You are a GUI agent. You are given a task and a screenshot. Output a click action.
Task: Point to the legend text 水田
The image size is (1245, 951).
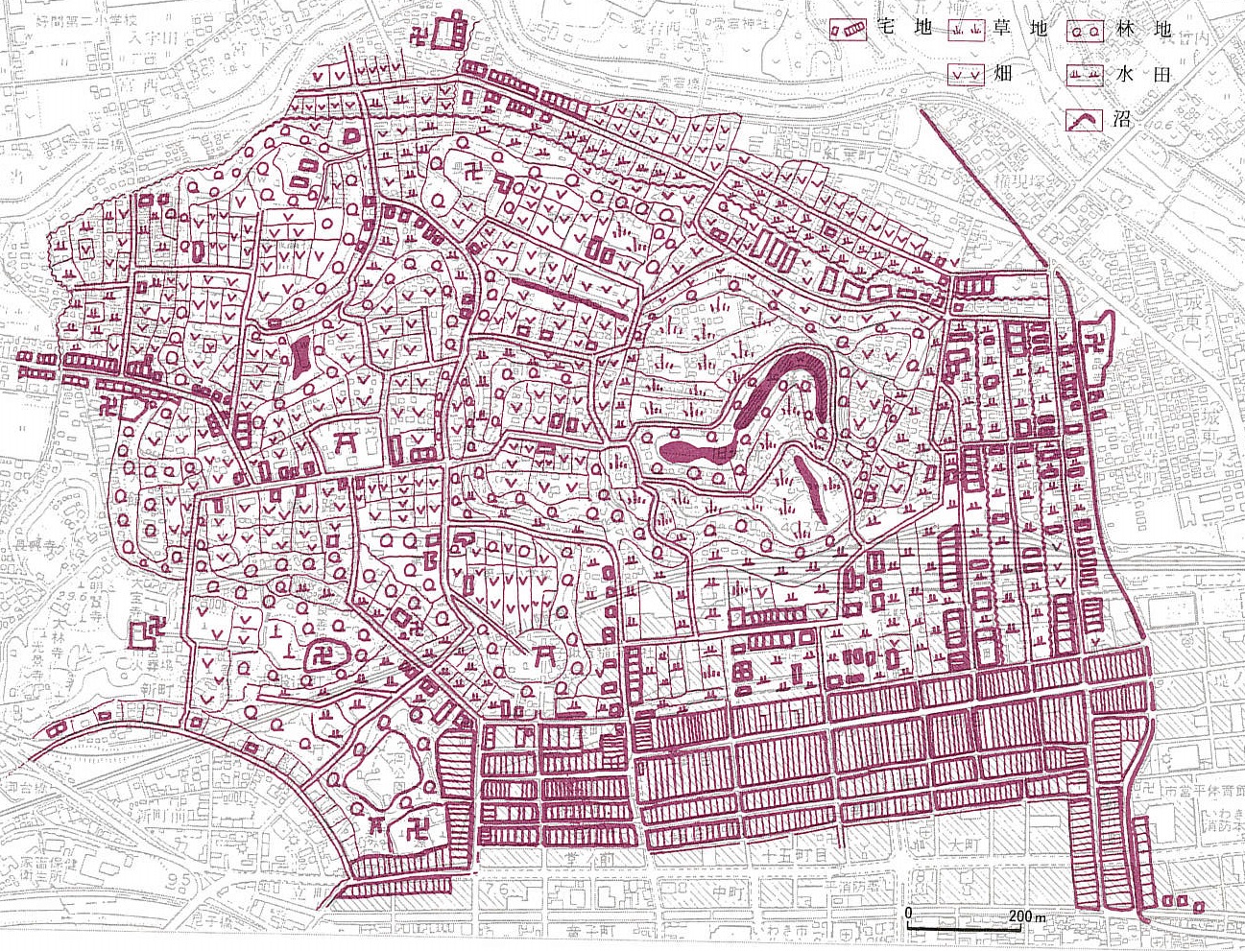(1141, 73)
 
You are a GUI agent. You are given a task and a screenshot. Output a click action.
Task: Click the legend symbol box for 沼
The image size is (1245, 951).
(1086, 121)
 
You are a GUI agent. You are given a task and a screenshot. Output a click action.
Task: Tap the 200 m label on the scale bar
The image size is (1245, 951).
(1026, 916)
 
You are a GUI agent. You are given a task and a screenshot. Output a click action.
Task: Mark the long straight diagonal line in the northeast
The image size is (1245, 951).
(984, 187)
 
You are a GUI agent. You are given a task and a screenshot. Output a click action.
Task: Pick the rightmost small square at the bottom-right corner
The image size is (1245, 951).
(1199, 902)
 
